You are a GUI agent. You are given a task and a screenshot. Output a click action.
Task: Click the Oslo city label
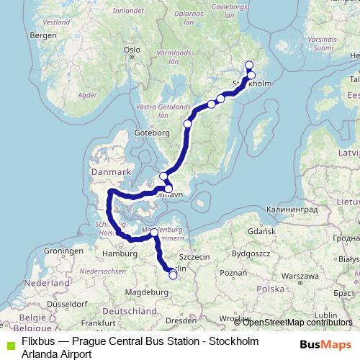(x=131, y=50)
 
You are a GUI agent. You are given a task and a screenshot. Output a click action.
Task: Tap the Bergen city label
(x=43, y=35)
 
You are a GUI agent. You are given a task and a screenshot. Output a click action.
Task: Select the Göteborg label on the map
(x=152, y=132)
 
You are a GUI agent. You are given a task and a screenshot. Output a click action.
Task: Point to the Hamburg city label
(x=120, y=253)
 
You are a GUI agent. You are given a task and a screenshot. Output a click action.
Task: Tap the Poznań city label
(x=235, y=274)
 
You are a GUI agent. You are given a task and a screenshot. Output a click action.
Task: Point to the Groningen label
(x=61, y=251)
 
